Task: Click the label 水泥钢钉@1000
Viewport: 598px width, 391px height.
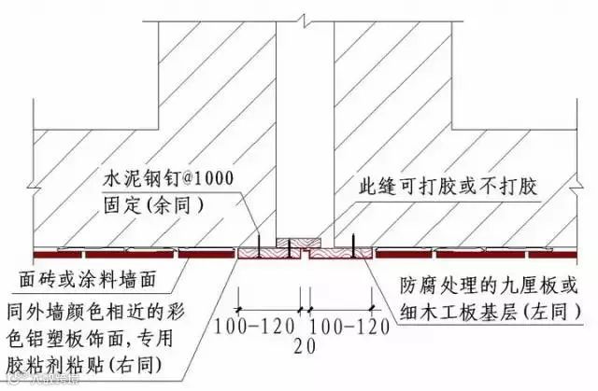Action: [169, 177]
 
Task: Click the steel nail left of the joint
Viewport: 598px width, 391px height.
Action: [261, 245]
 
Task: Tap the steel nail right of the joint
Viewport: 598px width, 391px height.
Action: [352, 245]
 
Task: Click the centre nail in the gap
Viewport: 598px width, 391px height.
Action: [291, 247]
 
